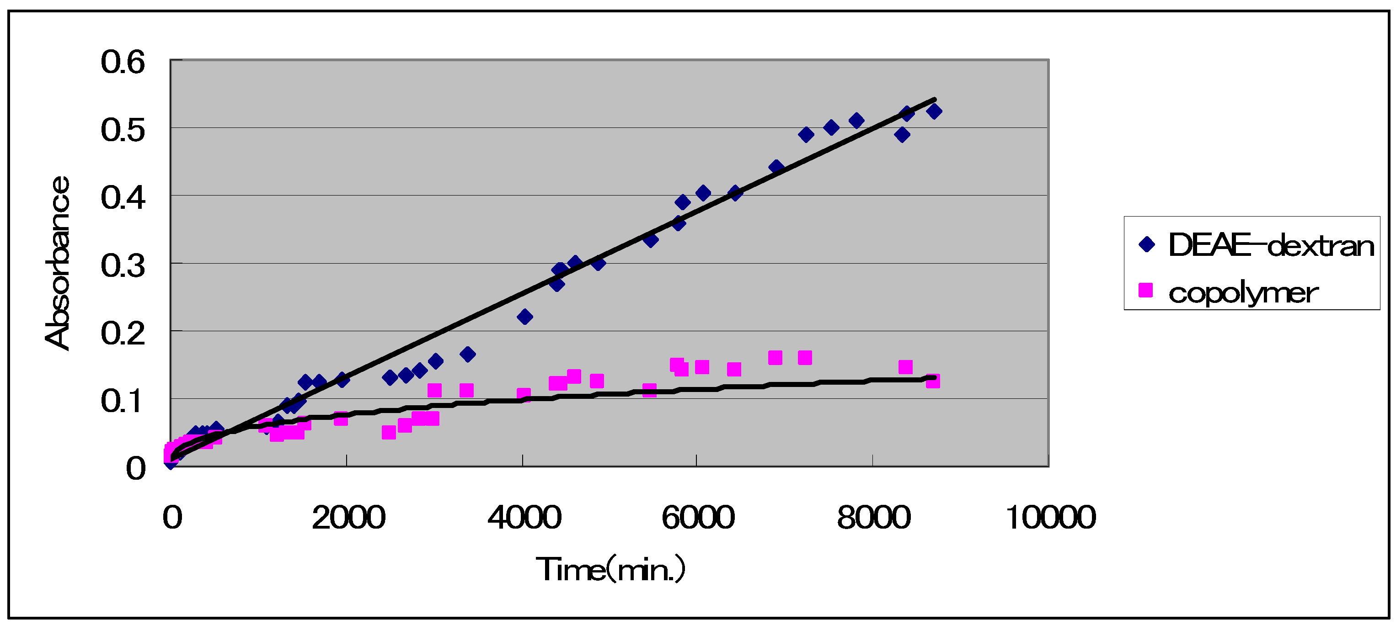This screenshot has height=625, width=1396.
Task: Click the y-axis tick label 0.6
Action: click(123, 62)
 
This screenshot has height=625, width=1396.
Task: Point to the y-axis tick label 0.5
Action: click(123, 131)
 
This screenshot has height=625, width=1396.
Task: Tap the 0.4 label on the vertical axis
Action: click(123, 198)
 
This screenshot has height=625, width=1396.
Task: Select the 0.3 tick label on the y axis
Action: click(123, 266)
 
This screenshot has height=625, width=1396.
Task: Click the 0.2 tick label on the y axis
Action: click(123, 334)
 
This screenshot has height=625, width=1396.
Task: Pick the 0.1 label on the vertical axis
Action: click(123, 401)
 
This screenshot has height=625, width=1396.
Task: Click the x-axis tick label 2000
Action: click(348, 517)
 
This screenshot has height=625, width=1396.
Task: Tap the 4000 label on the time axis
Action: click(524, 517)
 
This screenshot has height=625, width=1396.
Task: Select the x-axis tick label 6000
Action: click(698, 517)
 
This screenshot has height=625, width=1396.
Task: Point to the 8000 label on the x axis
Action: click(873, 517)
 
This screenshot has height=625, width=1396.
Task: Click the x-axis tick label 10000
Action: click(1050, 517)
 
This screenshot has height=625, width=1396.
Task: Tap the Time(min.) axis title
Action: click(611, 569)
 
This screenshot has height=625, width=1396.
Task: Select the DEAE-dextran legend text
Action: click(1271, 245)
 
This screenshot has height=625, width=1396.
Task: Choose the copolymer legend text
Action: click(1243, 293)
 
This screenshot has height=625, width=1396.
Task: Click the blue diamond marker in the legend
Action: click(1147, 244)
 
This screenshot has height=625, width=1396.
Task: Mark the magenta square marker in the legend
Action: click(1145, 290)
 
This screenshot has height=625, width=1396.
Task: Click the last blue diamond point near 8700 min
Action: click(934, 111)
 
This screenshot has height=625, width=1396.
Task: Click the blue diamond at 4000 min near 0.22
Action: click(524, 317)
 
